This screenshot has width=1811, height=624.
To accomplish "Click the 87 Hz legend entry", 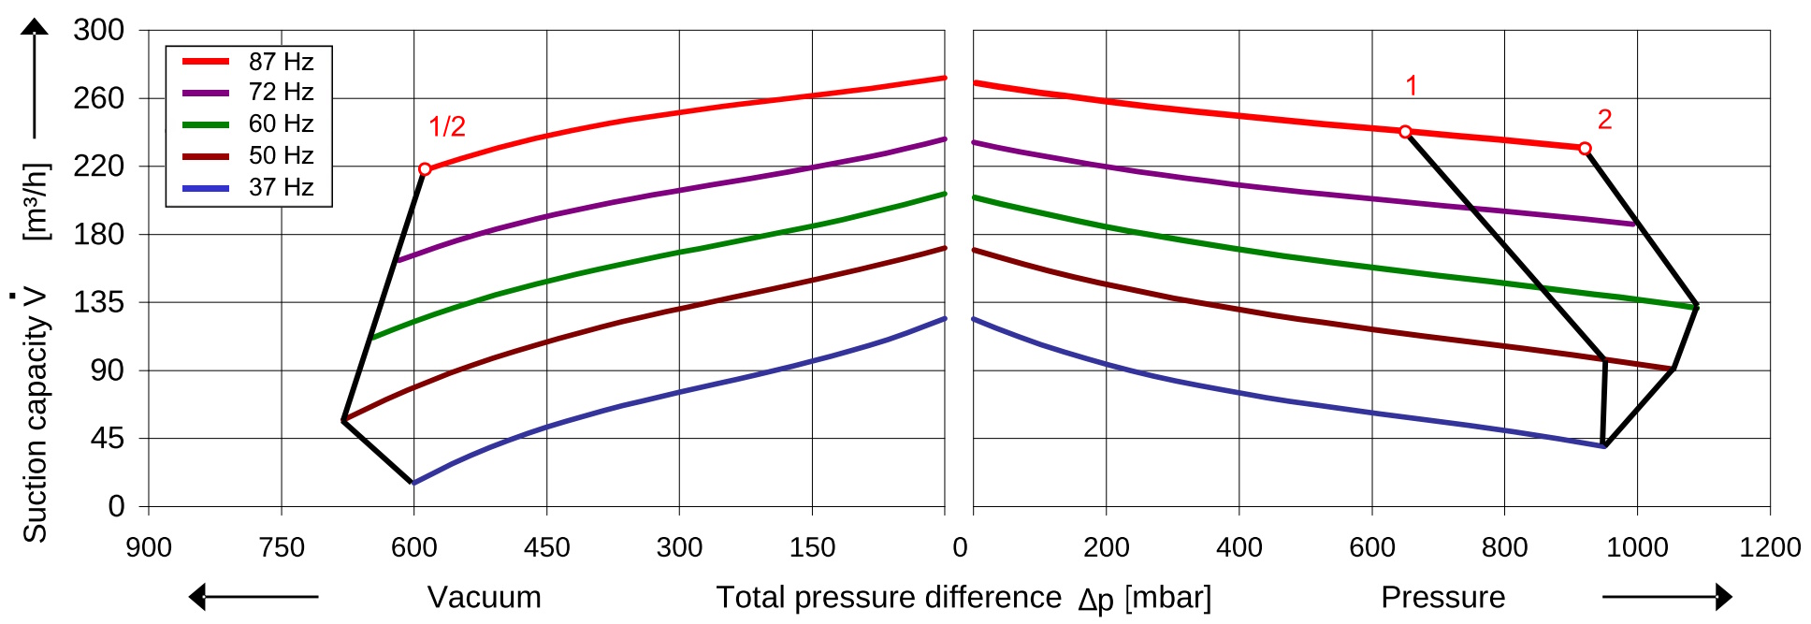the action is [249, 62].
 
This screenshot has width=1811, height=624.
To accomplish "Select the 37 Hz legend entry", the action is [249, 187].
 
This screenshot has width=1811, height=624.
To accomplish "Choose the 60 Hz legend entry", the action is [249, 123].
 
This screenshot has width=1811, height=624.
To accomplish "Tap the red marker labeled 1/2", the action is [425, 169].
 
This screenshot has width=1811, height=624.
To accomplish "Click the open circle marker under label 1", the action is [1405, 132].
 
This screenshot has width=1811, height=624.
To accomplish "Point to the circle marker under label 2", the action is [1585, 149].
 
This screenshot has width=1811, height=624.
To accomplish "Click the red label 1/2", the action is [447, 126].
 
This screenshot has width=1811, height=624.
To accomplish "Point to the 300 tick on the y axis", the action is [99, 30].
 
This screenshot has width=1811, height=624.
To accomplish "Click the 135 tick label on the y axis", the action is [99, 302].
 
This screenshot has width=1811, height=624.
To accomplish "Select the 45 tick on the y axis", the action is [108, 438].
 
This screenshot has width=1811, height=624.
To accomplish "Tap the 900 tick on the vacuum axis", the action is [149, 547].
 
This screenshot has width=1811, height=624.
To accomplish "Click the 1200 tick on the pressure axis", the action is [1770, 547].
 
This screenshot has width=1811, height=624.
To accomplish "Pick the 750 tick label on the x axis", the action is [282, 547].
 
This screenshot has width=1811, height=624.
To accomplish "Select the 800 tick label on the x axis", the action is [1504, 547].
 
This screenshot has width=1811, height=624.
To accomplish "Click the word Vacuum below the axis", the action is [485, 597].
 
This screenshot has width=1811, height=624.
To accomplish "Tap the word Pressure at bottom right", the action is [1443, 597].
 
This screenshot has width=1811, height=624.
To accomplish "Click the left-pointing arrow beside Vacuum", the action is [254, 596].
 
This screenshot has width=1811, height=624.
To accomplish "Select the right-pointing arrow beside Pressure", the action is [1667, 596].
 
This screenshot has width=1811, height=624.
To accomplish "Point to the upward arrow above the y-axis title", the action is [35, 79].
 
